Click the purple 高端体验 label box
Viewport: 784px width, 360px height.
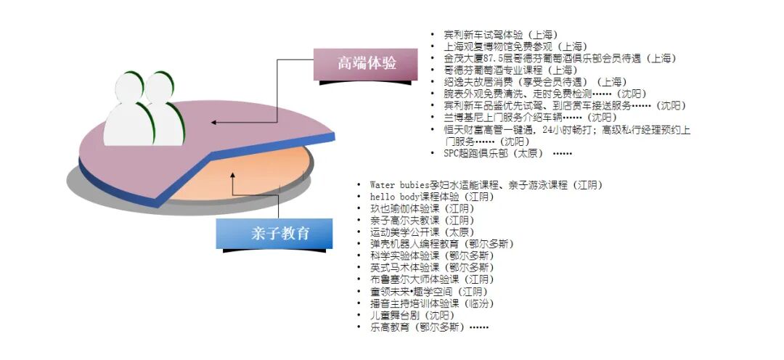pos(366,63)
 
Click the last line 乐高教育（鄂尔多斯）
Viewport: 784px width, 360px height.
pos(425,327)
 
